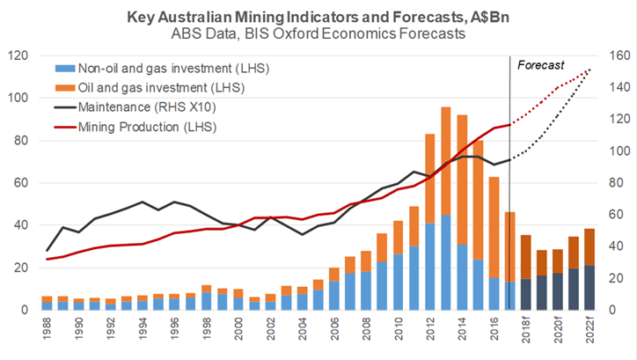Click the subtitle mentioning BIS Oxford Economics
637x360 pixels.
(318, 34)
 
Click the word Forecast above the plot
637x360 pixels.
(540, 65)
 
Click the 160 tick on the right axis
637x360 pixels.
(617, 55)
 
